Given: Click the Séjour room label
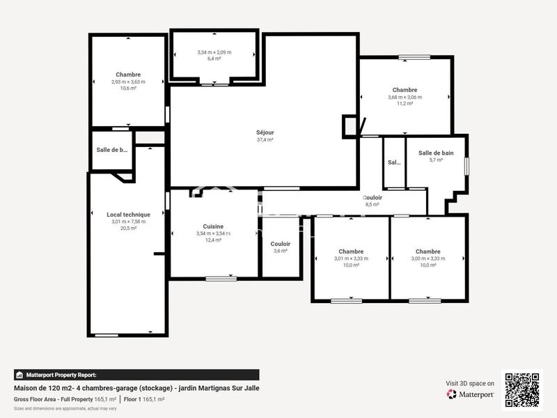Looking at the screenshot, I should click(x=265, y=132).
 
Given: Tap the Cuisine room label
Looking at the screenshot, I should click(x=213, y=226).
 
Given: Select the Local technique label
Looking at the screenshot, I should click(x=128, y=215).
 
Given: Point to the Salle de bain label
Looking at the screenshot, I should click(x=436, y=153).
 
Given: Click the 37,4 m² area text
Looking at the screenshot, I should click(x=265, y=139).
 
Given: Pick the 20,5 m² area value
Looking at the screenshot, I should click(x=128, y=228).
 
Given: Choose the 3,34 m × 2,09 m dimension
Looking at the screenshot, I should click(x=214, y=52).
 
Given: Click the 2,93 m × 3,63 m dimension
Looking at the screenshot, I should click(x=128, y=82).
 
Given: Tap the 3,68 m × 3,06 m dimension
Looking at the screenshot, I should click(x=405, y=97).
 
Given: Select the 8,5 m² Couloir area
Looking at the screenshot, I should click(x=372, y=205).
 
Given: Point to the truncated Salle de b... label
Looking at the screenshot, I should click(x=112, y=150).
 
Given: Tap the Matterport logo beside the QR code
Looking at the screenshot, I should click(x=471, y=394).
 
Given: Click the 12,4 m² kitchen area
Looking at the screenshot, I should click(x=213, y=240).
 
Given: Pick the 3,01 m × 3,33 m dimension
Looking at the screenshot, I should click(x=351, y=258).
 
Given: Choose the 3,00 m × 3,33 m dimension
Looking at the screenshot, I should click(x=427, y=258).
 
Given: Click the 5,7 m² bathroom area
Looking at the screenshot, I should click(x=436, y=160).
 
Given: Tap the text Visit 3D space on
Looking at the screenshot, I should click(x=470, y=383).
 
